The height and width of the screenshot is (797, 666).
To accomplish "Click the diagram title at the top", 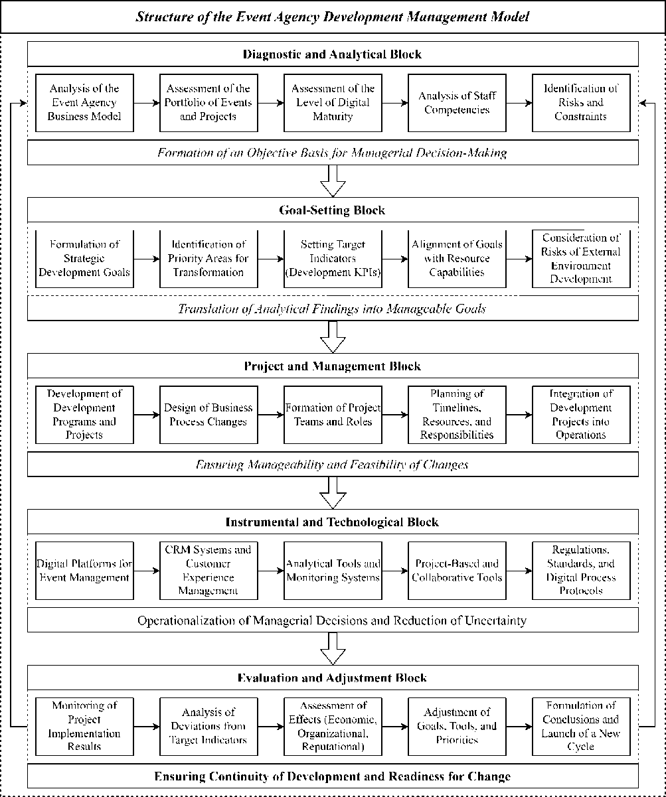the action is pos(333,17).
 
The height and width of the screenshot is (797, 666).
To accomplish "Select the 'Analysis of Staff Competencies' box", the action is pos(457,103).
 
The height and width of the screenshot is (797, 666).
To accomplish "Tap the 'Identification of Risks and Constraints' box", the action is pos(581,103).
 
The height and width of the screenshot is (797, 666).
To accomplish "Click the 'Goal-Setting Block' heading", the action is pos(332,210).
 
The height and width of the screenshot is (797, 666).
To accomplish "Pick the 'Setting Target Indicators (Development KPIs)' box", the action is pos(333,259).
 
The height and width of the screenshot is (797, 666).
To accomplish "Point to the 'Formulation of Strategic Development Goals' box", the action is pos(84,259).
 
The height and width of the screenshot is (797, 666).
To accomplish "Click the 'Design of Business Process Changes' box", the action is pos(208,415).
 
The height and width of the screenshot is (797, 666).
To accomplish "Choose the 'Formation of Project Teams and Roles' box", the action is pos(333,415).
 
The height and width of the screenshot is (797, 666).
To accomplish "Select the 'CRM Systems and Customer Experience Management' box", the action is pos(208,571).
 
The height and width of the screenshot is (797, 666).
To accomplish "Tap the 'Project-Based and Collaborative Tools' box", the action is pos(457,571).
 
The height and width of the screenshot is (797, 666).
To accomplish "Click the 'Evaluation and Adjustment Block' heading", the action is pos(332,678).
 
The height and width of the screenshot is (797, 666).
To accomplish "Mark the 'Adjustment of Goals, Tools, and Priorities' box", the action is pos(457,727).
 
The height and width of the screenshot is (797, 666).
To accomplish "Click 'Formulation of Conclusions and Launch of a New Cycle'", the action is pos(581,727).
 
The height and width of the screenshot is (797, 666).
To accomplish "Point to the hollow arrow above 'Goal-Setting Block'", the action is pos(333,181).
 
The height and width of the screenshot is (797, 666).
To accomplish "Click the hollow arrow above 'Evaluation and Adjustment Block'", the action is pos(333,649).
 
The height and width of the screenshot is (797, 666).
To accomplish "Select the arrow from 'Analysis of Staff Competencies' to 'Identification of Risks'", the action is pos(519,103).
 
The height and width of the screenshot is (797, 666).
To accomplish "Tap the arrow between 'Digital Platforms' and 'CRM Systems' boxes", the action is pos(147,571).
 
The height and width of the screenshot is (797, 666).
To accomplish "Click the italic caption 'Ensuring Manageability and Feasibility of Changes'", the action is pos(332,465).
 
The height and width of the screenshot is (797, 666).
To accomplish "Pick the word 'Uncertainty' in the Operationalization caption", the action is pos(495,620).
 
